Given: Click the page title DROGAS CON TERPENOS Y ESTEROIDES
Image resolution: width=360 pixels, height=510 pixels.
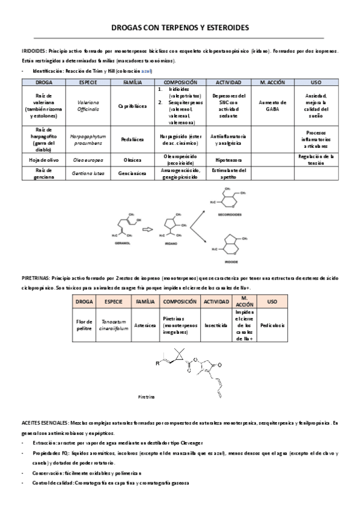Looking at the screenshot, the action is click(x=180, y=28).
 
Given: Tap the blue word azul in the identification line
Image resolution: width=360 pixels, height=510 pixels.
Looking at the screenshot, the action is click(x=146, y=71).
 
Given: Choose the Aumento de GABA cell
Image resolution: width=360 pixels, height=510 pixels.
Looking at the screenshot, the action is click(x=273, y=105).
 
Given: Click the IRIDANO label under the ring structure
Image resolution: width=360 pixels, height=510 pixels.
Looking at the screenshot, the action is click(x=174, y=246).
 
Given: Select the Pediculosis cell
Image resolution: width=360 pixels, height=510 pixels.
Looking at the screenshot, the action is click(x=272, y=325).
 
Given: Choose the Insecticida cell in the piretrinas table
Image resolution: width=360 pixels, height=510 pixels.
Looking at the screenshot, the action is click(x=216, y=325).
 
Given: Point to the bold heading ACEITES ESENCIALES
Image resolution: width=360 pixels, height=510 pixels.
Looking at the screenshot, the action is click(x=44, y=423).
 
